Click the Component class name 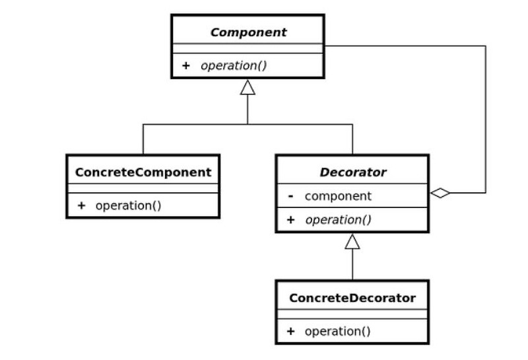coord(248,32)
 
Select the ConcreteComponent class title coord(143,172)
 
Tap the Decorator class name coord(352,172)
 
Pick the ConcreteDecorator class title coord(352,298)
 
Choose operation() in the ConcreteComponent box coord(128,205)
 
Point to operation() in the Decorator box coord(338,220)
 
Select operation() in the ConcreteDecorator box coord(337,332)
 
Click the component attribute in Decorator coord(338,196)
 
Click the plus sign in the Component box coord(186,65)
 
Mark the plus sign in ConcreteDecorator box coord(291,332)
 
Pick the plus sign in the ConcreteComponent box coord(81,205)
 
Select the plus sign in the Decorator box coord(291,220)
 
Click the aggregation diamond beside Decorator coord(440,193)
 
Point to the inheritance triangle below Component coord(247,87)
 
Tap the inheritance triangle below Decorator coord(352,242)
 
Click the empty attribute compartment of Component coord(248,48)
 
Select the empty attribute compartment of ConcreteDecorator coord(352,314)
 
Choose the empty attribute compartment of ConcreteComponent coord(143,188)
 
